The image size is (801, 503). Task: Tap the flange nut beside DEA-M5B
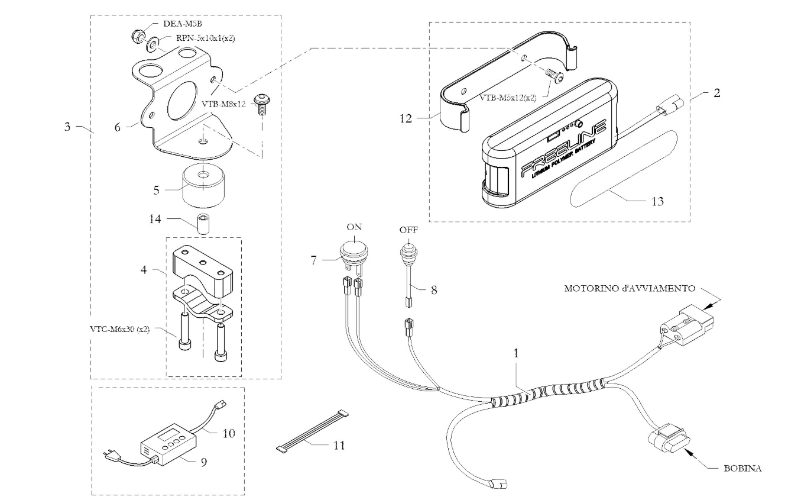point(138,36)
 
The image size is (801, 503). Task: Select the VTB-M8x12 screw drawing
point(262,104)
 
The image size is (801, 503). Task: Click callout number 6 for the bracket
point(118,127)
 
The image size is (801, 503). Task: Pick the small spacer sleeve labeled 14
point(203,224)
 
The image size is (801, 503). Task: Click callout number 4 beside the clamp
point(144,270)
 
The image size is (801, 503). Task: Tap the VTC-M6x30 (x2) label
point(120,329)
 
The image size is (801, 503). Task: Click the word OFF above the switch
point(408,230)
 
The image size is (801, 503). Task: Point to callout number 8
point(434,289)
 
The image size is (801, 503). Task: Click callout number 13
point(657,202)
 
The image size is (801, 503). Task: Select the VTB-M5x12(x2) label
point(508,98)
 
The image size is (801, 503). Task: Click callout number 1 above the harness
point(515,353)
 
